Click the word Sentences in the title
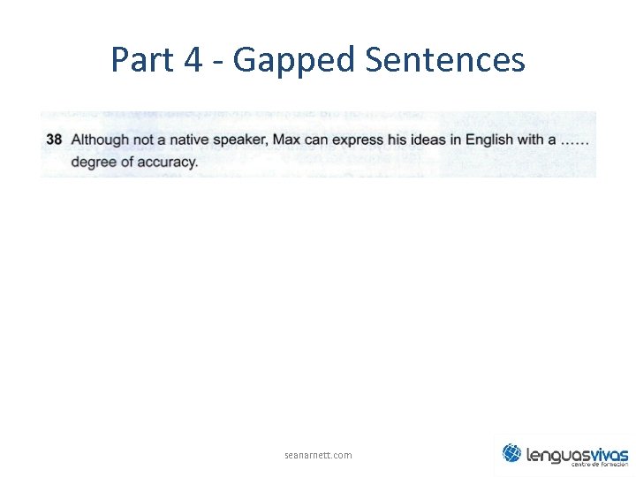(444, 60)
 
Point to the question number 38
(54, 140)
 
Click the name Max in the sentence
(287, 140)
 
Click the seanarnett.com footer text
(318, 455)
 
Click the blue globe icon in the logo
(511, 453)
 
